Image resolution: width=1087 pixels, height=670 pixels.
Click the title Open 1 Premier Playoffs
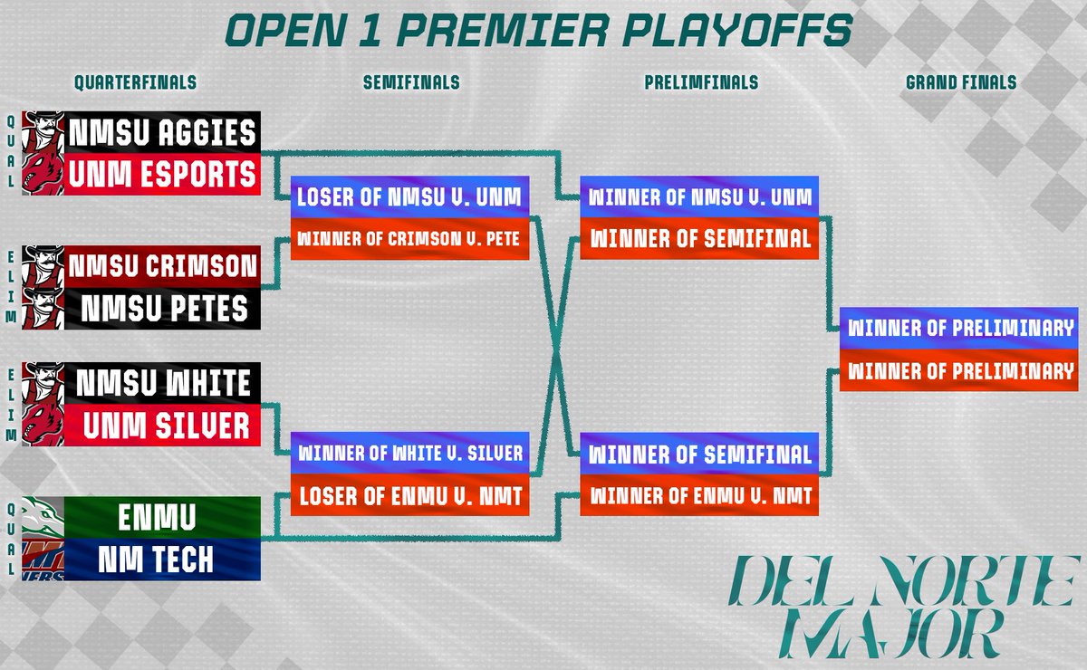(538, 31)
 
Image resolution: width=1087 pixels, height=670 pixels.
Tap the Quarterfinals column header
(135, 82)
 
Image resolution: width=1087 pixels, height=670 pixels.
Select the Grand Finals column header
(960, 82)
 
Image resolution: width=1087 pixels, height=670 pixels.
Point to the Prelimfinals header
(701, 82)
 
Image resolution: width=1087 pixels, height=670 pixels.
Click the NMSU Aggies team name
(162, 133)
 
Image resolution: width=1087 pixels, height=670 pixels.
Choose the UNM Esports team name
(162, 175)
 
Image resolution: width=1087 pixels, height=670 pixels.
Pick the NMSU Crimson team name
(162, 266)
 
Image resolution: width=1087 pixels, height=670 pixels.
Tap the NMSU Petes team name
(162, 308)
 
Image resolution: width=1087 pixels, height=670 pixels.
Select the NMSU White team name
(162, 383)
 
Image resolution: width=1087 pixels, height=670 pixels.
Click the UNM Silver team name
(162, 425)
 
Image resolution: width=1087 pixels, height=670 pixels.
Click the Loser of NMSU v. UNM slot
(409, 196)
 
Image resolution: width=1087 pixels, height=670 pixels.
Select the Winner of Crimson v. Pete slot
(409, 239)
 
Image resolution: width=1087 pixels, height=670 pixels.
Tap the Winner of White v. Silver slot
(409, 453)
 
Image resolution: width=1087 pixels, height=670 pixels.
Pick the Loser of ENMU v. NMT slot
(409, 495)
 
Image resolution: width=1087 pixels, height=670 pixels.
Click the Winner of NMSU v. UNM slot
(700, 196)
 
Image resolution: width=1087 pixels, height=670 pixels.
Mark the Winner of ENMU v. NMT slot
(700, 495)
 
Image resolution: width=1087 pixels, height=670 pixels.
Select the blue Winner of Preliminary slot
(959, 328)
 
